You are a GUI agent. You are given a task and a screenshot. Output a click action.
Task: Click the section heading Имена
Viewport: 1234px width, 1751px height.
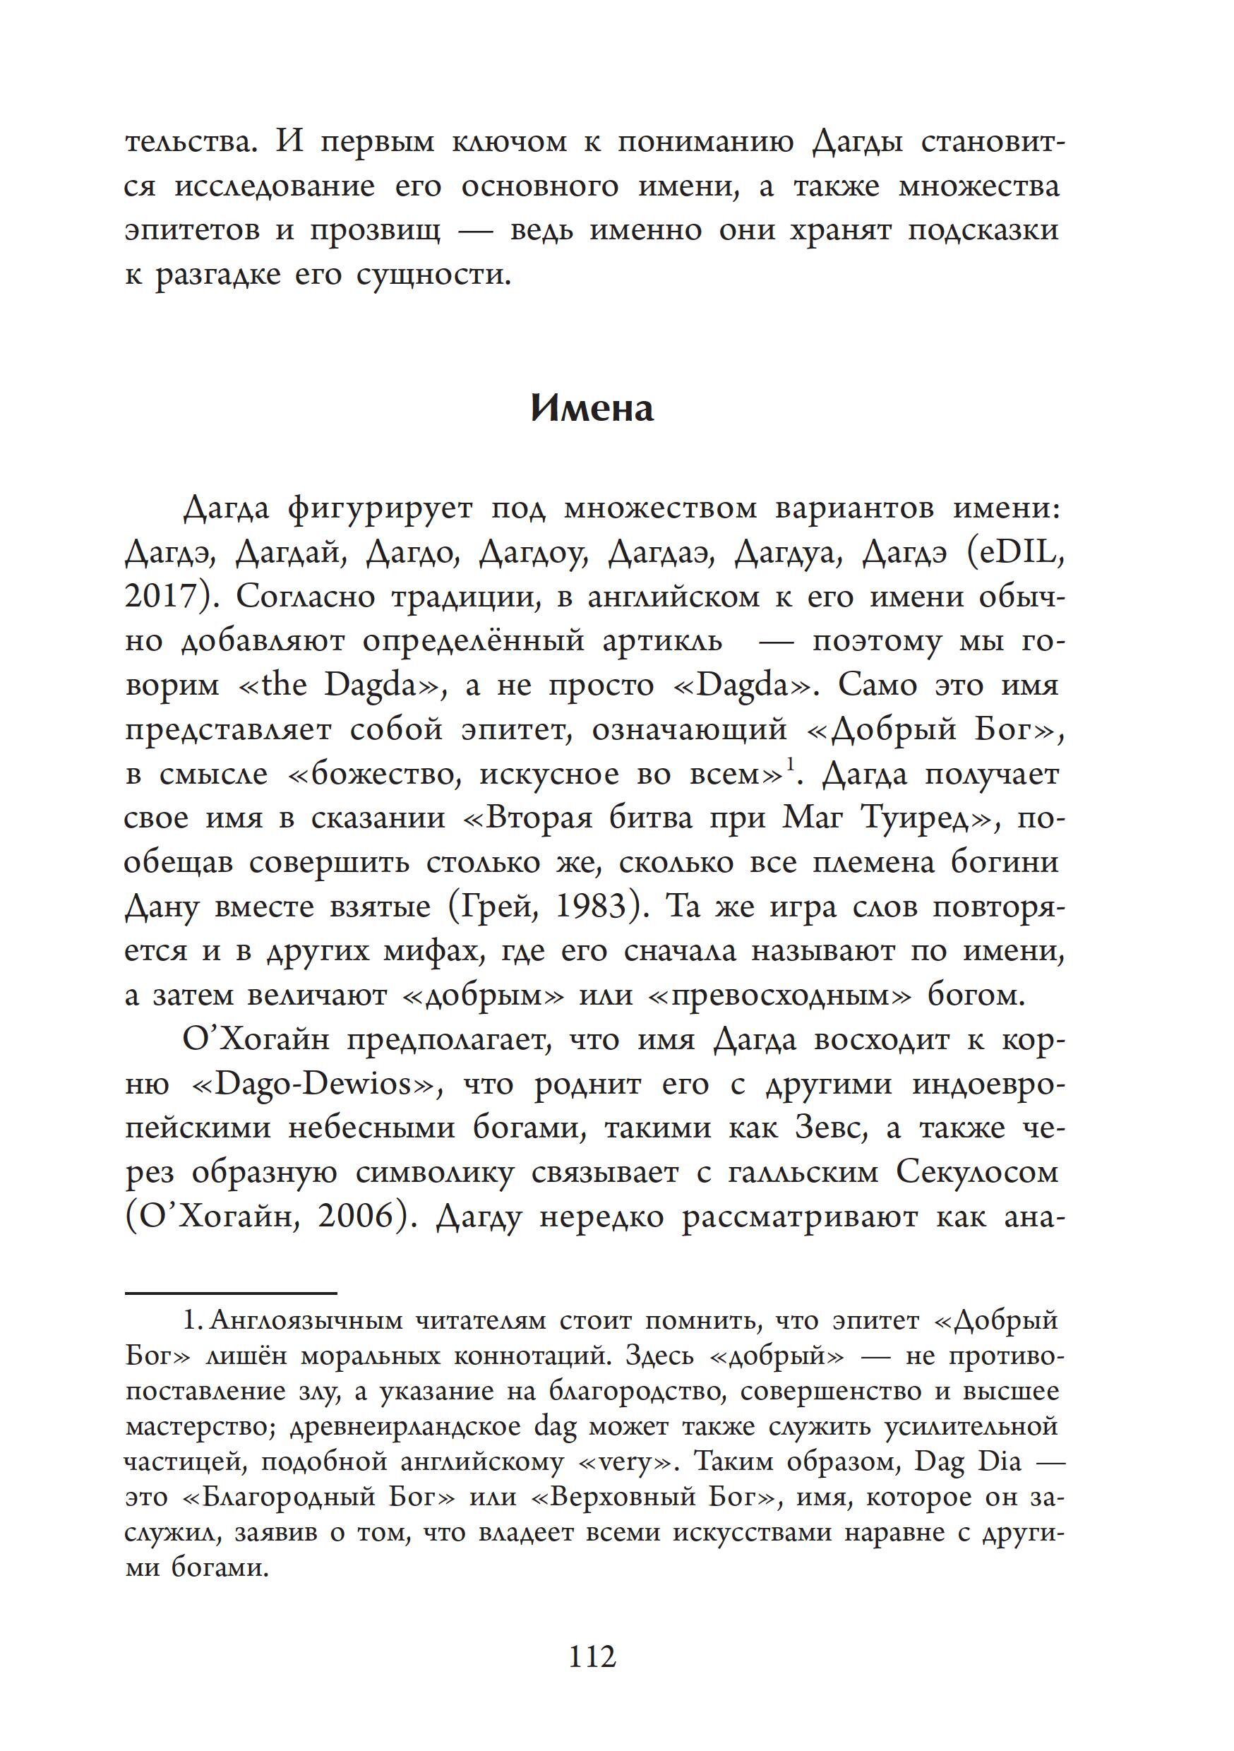click(x=592, y=409)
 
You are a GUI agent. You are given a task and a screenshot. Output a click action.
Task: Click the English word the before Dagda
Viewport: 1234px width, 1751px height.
click(x=284, y=685)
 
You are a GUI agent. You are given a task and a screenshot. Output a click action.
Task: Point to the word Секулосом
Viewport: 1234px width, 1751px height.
click(x=977, y=1172)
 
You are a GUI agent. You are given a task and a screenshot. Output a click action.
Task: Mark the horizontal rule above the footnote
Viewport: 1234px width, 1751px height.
click(x=230, y=1293)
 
